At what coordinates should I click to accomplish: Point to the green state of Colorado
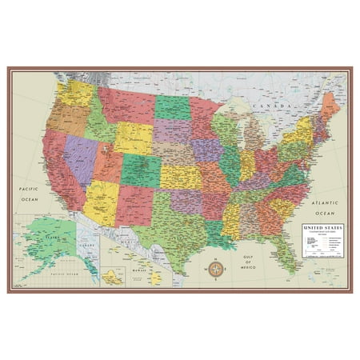point(138,165)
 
